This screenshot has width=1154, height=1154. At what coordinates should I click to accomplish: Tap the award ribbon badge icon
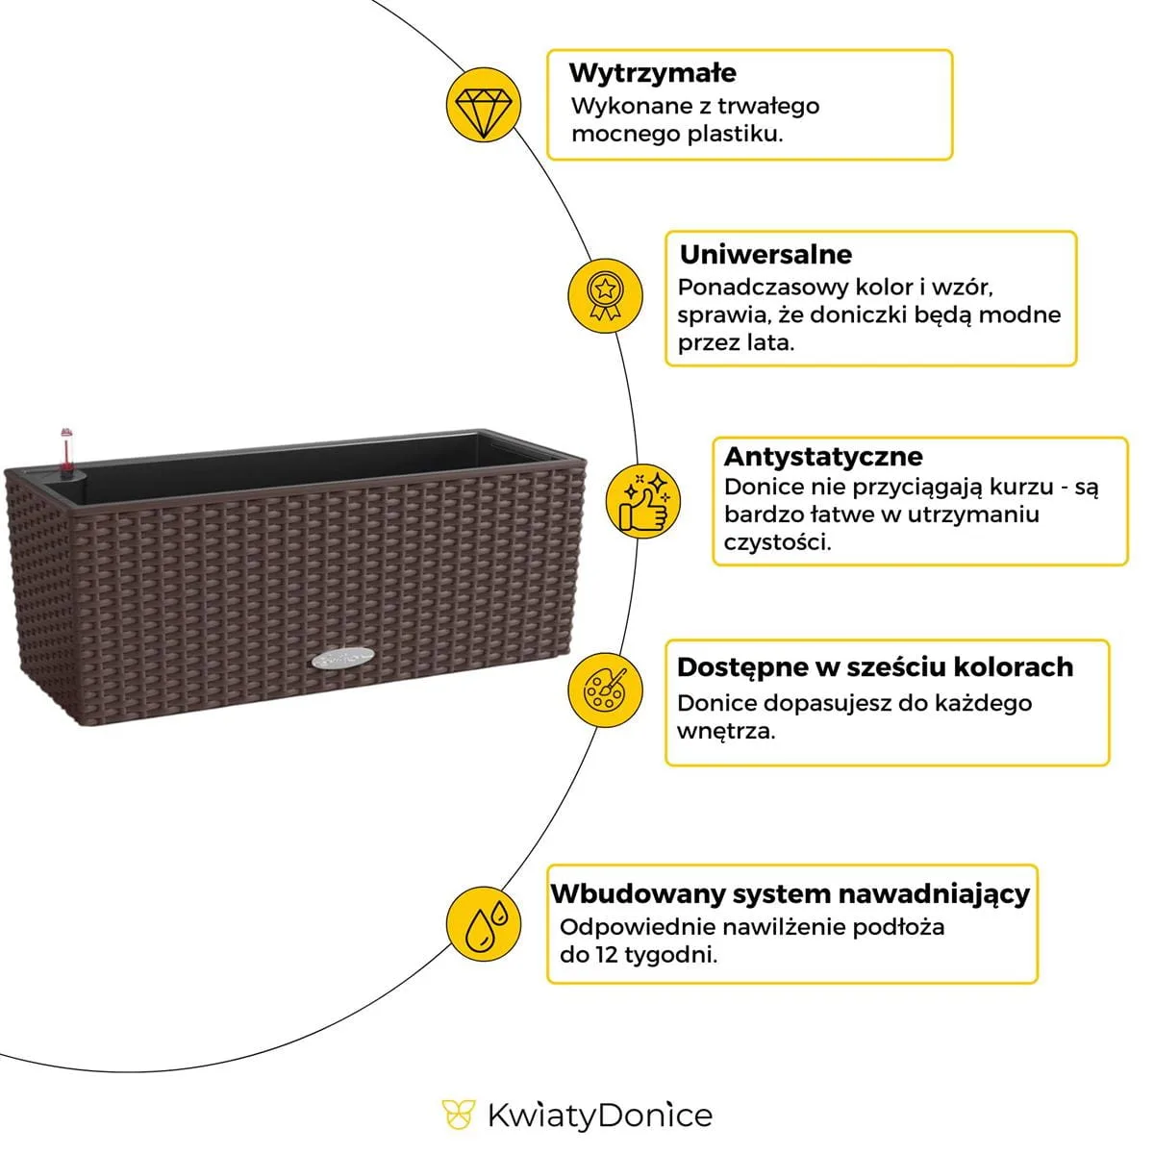click(604, 295)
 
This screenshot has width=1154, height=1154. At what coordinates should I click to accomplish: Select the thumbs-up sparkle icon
click(643, 499)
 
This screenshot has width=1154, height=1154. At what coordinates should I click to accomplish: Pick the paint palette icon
click(604, 690)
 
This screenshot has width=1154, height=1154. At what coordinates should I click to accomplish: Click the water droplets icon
click(484, 923)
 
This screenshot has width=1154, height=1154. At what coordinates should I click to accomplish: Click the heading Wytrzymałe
click(653, 73)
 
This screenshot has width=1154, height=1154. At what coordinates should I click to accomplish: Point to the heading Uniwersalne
click(765, 255)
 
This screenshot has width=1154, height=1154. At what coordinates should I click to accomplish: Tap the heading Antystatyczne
click(823, 456)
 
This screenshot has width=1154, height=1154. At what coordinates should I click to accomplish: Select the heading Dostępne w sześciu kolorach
click(874, 667)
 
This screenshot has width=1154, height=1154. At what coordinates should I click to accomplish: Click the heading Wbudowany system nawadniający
click(790, 894)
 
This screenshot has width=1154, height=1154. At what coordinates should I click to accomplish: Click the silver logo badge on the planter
click(344, 660)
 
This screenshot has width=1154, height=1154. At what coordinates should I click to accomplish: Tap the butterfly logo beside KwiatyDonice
click(459, 1116)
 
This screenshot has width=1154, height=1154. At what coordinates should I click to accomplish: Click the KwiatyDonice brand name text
click(599, 1116)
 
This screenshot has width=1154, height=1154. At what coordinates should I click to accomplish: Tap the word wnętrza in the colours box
click(725, 731)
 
